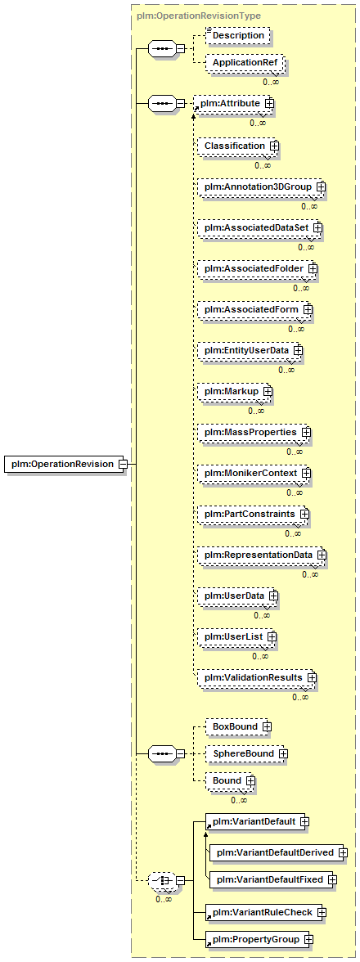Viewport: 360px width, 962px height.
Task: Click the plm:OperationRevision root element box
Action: coord(65,464)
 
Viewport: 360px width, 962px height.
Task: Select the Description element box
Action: coord(238,36)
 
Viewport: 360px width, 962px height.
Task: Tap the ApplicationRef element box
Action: coord(245,63)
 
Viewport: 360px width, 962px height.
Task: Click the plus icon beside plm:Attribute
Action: coord(269,104)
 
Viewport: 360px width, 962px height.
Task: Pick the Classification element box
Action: coord(238,146)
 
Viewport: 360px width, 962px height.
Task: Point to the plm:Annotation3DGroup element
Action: coord(261,186)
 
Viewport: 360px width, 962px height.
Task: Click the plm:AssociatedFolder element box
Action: coord(258,268)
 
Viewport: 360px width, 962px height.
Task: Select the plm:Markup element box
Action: coord(235,391)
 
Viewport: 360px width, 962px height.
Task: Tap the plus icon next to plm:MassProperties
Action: coord(306,433)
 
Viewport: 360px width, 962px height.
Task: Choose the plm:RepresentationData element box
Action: coord(261,555)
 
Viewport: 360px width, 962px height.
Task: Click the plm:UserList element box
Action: coord(236,637)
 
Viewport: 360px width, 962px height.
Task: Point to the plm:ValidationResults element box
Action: coord(257,677)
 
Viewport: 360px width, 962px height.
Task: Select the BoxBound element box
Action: coord(238,726)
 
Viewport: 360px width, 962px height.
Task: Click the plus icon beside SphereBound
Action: coord(283,753)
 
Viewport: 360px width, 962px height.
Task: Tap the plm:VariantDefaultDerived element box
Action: coord(278,852)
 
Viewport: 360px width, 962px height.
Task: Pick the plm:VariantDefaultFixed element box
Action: coord(273,880)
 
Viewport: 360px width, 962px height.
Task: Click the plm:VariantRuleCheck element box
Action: coord(265,912)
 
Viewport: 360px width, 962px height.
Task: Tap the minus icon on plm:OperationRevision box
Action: coord(123,464)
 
